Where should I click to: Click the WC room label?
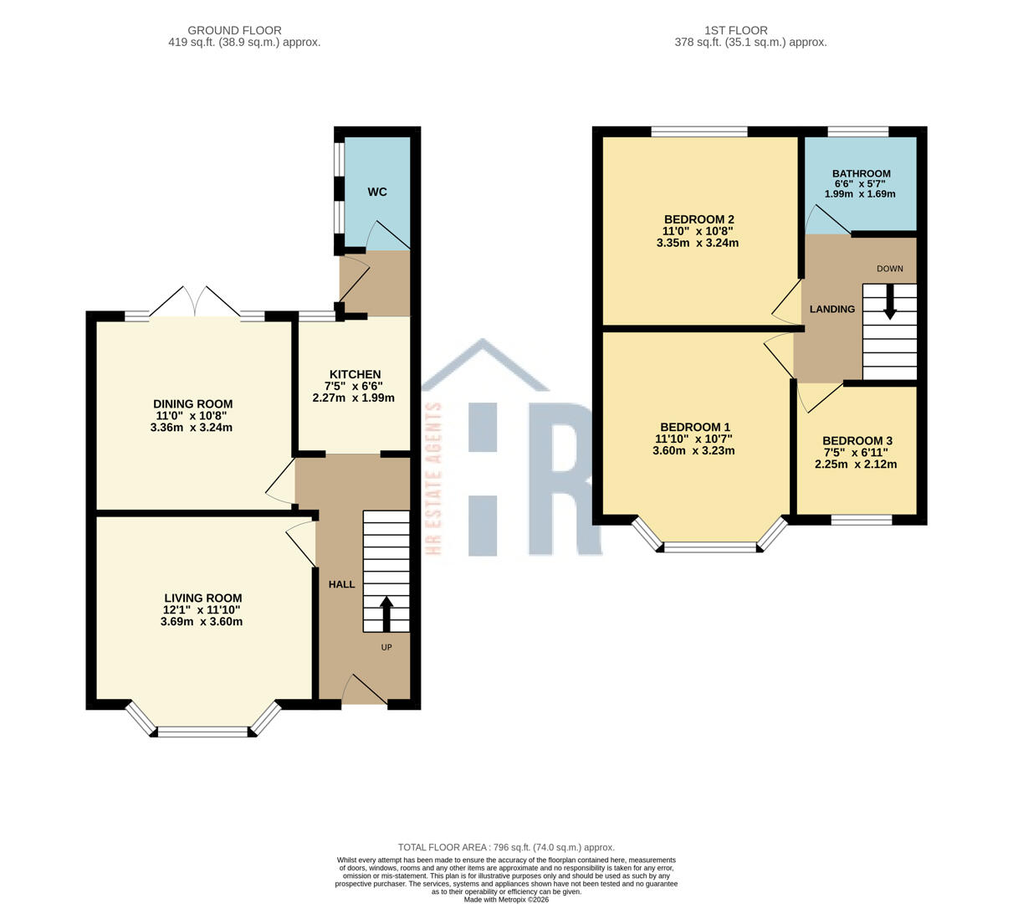(x=377, y=192)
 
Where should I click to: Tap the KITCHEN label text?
(x=355, y=374)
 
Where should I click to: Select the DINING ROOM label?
(x=192, y=404)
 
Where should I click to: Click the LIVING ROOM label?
(x=202, y=598)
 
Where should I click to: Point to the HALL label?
(x=341, y=584)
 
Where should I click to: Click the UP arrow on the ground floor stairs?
(x=386, y=614)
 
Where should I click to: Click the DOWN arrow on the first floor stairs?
(x=890, y=301)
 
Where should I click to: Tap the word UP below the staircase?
(x=386, y=647)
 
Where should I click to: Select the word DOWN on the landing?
(x=890, y=269)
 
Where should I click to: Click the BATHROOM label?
(x=861, y=173)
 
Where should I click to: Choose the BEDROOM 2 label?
(x=698, y=219)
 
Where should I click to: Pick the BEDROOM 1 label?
(x=694, y=426)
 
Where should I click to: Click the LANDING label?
(x=831, y=309)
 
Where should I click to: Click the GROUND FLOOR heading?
(x=234, y=30)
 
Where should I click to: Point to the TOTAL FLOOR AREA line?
(x=506, y=847)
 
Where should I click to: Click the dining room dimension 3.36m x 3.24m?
(x=192, y=428)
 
